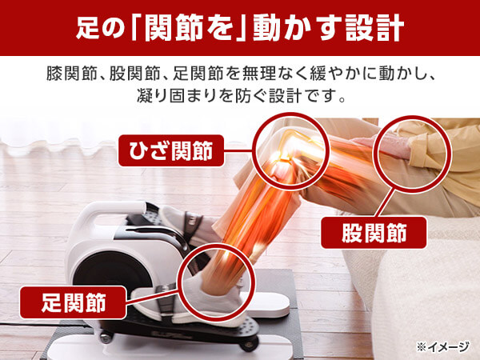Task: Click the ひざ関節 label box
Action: [x=171, y=150]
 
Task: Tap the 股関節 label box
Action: [x=374, y=233]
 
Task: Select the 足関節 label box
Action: [x=73, y=302]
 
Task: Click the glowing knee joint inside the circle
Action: [x=283, y=158]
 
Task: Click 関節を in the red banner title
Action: [x=190, y=28]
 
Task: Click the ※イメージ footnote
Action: [x=442, y=347]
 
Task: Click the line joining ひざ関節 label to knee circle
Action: [x=240, y=150]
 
